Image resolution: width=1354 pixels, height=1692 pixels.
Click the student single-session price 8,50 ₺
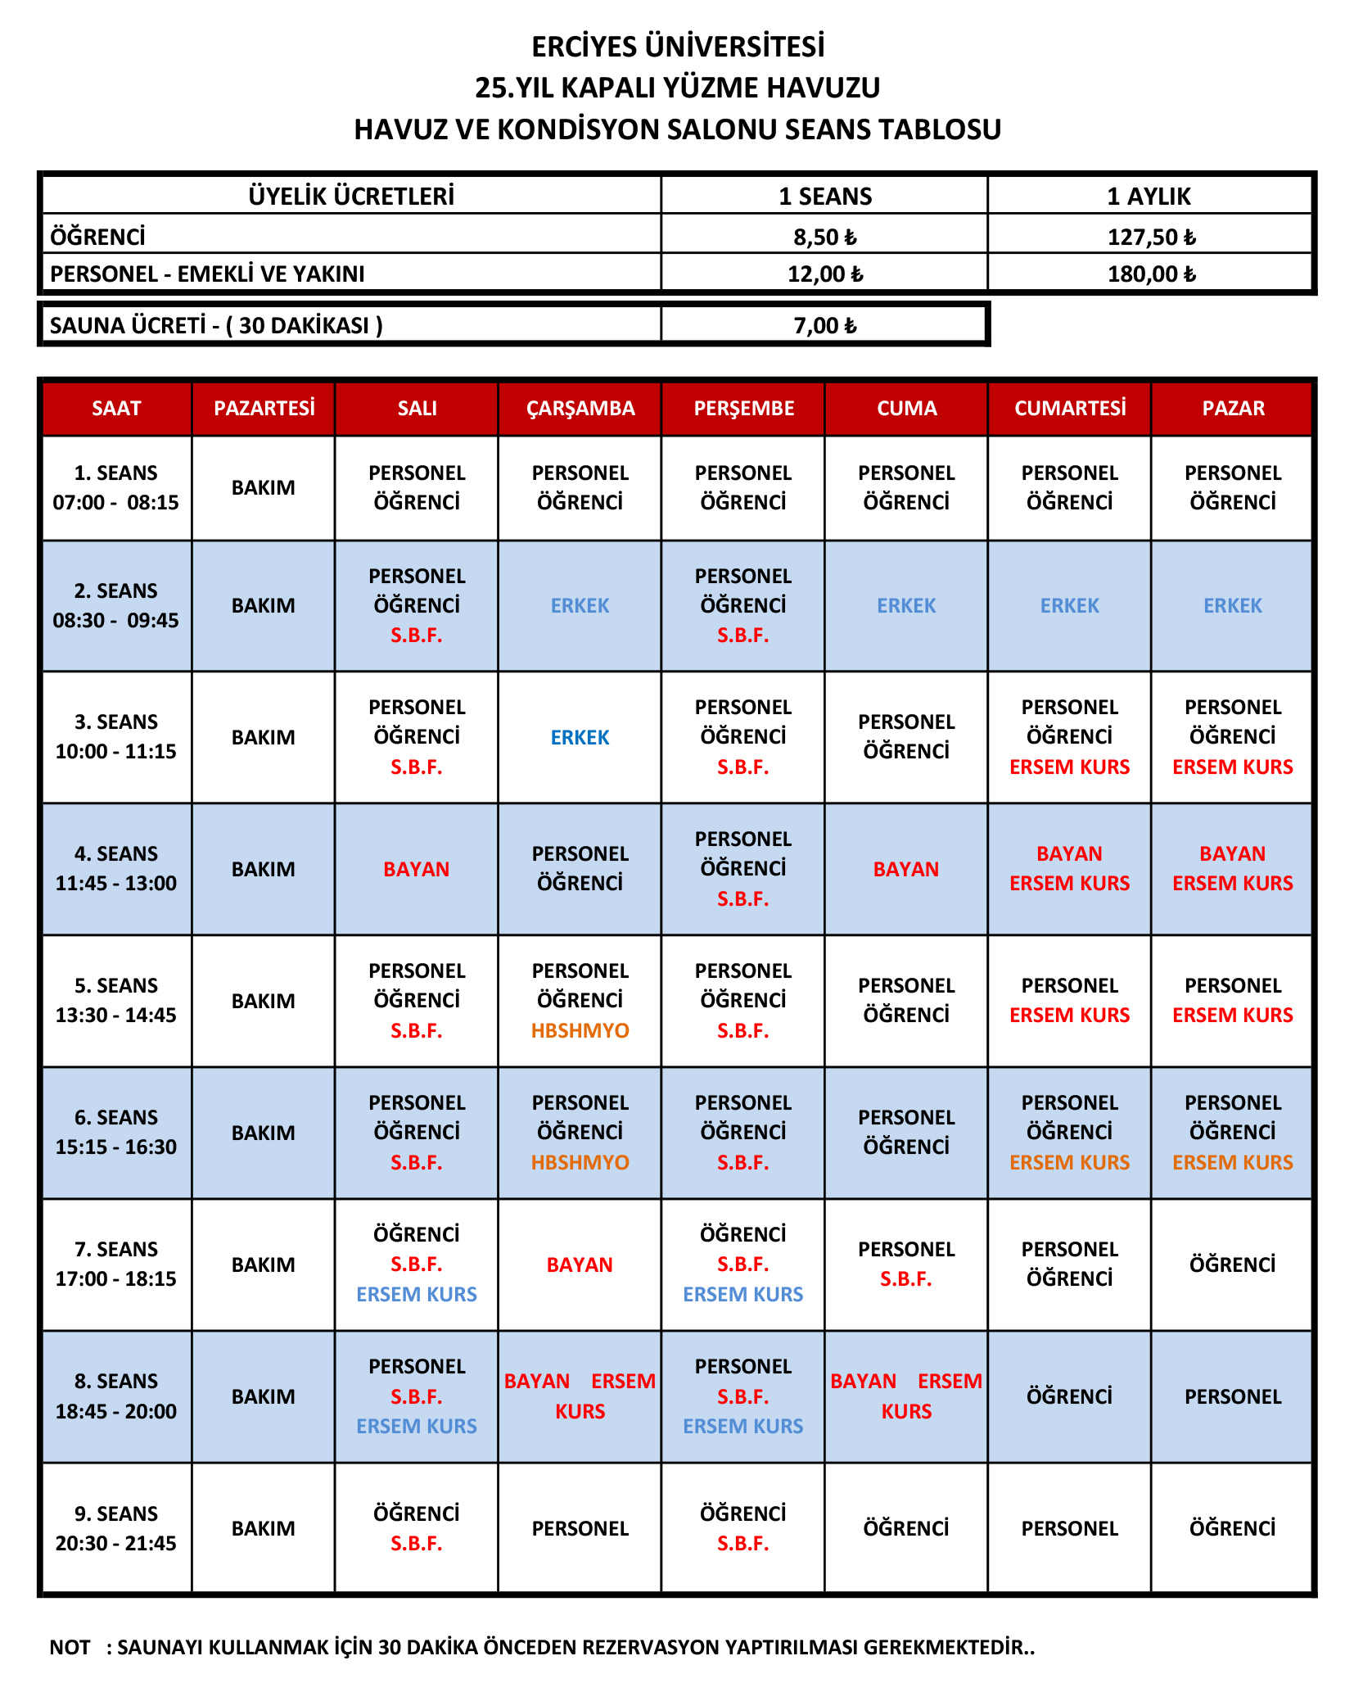click(824, 237)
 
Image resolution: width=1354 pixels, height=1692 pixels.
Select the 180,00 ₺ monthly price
click(1151, 274)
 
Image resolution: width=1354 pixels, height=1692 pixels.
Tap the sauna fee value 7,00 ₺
click(824, 325)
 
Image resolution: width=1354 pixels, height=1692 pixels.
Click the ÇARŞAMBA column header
click(580, 408)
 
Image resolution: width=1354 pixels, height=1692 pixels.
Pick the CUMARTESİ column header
click(1069, 408)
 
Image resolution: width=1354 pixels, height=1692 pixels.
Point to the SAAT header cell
click(116, 408)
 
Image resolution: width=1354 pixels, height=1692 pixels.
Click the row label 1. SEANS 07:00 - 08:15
click(116, 487)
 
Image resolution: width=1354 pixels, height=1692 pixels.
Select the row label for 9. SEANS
click(116, 1528)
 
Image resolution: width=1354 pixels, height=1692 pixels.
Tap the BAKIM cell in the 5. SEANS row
click(263, 1001)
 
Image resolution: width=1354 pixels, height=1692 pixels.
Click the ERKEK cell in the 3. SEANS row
click(580, 737)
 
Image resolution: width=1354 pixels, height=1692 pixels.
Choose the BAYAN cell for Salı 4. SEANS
click(416, 869)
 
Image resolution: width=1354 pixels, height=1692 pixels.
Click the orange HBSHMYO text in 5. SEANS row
click(580, 1030)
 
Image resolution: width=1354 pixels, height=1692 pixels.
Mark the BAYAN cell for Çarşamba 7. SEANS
click(580, 1264)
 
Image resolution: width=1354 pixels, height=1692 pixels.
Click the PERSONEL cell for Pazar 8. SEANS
click(1232, 1396)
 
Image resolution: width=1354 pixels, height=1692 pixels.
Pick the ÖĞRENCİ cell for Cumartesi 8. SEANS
click(1069, 1396)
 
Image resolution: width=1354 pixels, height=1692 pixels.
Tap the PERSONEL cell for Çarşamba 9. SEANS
click(580, 1528)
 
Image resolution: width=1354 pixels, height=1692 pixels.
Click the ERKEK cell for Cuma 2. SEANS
click(906, 605)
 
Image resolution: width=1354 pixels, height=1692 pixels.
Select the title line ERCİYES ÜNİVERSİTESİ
click(678, 47)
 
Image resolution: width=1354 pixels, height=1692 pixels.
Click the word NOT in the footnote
click(70, 1647)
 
